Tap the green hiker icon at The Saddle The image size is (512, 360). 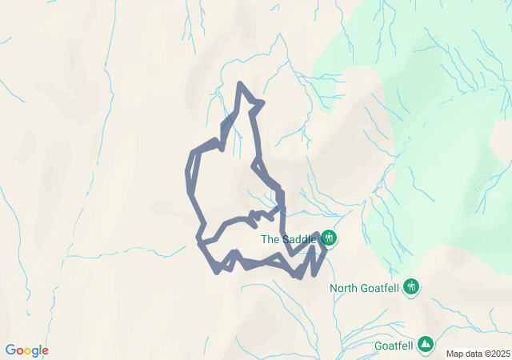tap(329, 238)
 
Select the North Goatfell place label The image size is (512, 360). tap(365, 287)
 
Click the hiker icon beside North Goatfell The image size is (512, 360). tap(412, 286)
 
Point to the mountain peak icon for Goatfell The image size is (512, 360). tap(426, 344)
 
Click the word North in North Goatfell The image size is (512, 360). tap(344, 287)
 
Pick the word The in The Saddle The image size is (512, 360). tap(270, 238)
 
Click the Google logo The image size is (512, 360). tap(26, 350)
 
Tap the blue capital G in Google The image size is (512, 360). tap(10, 350)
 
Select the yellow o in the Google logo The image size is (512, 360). tap(29, 351)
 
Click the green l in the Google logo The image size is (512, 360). tap(41, 350)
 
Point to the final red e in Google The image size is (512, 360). tap(46, 351)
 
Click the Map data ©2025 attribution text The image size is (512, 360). tap(477, 354)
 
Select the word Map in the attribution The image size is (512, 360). tap(454, 354)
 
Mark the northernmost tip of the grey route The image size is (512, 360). tap(239, 83)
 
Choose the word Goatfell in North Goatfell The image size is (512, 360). tap(379, 287)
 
